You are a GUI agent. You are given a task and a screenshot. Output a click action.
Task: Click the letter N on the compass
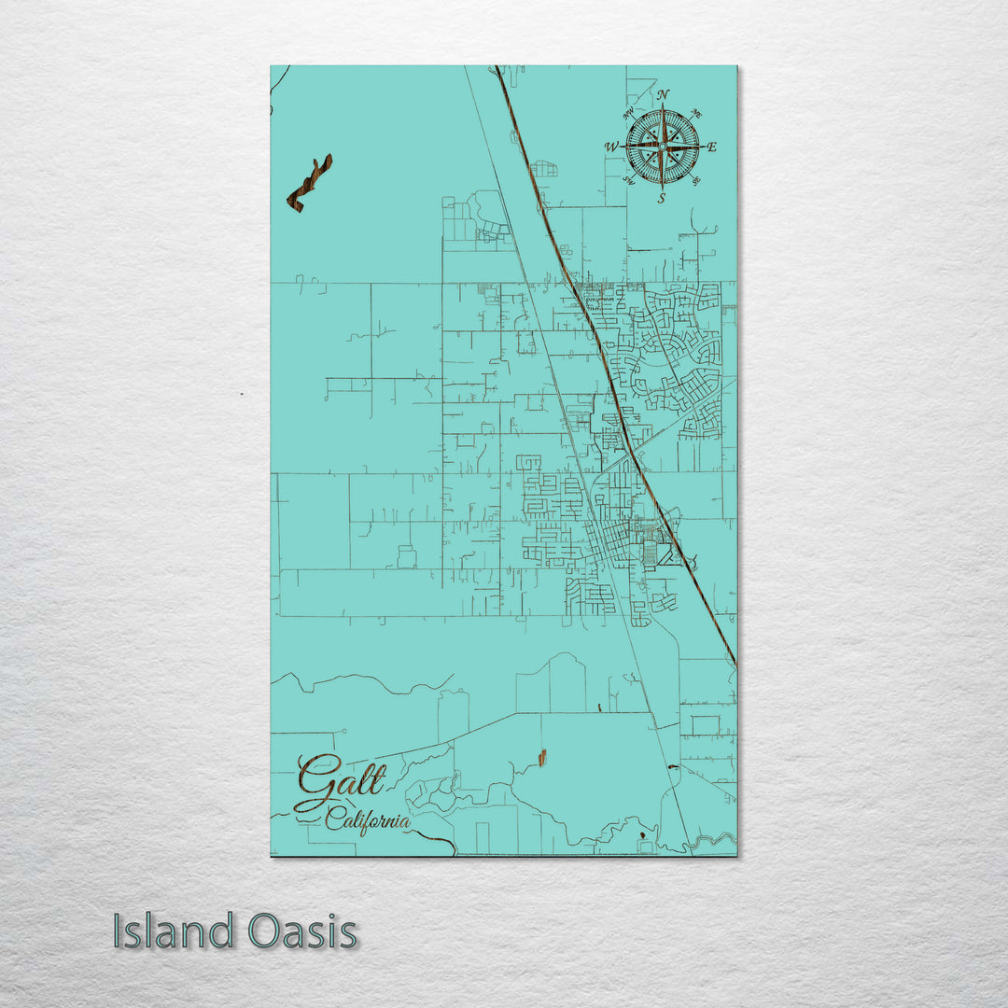(x=663, y=95)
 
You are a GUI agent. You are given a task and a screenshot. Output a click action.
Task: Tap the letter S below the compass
(x=661, y=198)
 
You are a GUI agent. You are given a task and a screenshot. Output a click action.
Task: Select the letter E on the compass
(x=711, y=147)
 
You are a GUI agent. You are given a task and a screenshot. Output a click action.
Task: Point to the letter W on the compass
(x=611, y=147)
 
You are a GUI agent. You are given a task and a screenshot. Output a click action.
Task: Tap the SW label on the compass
(x=629, y=180)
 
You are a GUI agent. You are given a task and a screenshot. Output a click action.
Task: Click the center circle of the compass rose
(x=662, y=147)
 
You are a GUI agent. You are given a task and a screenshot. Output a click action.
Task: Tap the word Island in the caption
(x=174, y=931)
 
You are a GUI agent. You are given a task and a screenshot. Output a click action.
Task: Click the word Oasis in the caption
(x=302, y=931)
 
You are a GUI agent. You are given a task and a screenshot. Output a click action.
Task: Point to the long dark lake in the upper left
(x=310, y=183)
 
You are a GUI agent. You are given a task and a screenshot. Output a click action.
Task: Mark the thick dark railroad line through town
(x=616, y=401)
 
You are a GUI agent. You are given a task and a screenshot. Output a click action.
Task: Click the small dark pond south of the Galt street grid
(x=540, y=758)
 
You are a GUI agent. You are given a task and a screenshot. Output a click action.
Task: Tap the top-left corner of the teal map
(x=271, y=65)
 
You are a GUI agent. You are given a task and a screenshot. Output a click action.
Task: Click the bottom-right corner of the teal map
(x=736, y=855)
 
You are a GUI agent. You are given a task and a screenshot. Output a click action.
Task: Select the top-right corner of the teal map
(x=736, y=65)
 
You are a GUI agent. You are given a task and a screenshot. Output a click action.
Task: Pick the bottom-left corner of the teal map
(x=271, y=855)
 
